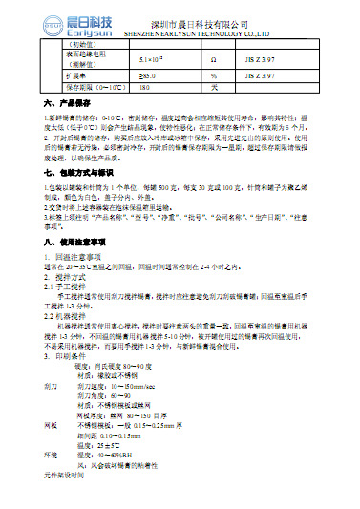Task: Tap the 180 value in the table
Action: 146,87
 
